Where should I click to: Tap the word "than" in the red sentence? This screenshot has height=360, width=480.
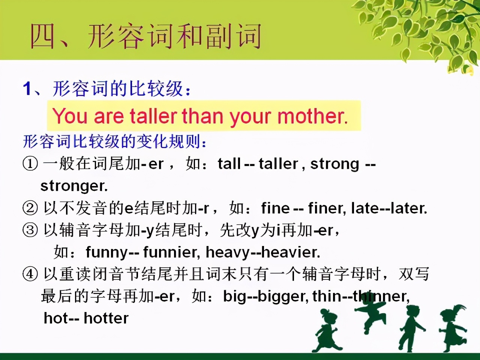202,116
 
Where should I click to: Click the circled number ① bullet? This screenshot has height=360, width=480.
30,164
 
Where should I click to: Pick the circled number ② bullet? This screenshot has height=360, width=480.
30,208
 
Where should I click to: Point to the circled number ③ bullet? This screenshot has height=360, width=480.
30,230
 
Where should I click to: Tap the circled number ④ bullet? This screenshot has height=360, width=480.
30,274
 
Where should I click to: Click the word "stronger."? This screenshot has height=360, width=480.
74,186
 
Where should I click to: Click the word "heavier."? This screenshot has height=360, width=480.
291,252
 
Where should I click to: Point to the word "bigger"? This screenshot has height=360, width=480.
282,297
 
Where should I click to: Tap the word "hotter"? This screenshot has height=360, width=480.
106,318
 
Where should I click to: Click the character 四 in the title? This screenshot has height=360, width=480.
42,36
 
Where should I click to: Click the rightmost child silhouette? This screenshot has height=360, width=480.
453,328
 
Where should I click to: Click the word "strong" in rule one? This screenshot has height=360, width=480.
335,164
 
